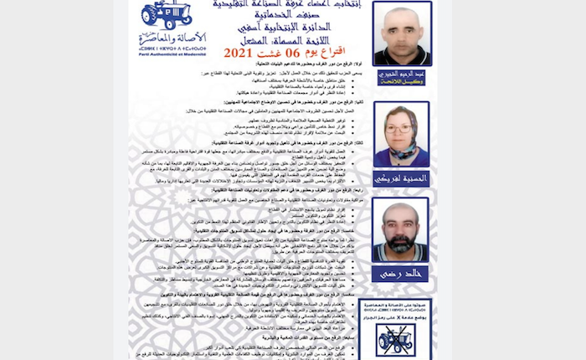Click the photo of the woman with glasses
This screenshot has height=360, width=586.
pyautogui.click(x=402, y=134)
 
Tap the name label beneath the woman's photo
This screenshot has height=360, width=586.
pyautogui.click(x=402, y=177)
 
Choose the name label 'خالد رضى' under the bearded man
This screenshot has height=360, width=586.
pyautogui.click(x=402, y=273)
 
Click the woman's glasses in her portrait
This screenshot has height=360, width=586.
pyautogui.click(x=403, y=128)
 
